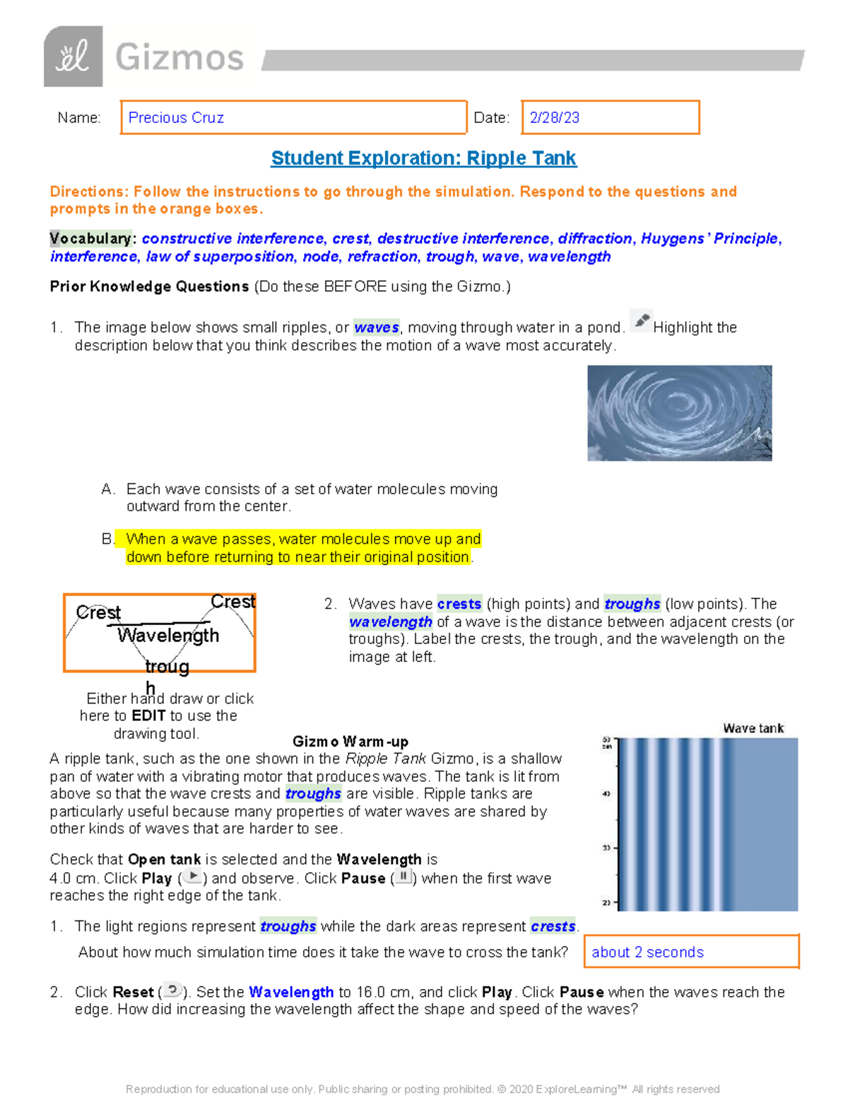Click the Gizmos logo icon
pyautogui.click(x=73, y=57)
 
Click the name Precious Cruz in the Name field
pyautogui.click(x=176, y=118)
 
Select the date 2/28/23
pyautogui.click(x=555, y=118)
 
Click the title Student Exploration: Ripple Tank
pyautogui.click(x=423, y=158)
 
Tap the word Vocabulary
pyautogui.click(x=90, y=238)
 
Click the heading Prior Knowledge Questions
pyautogui.click(x=149, y=286)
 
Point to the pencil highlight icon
pyautogui.click(x=640, y=321)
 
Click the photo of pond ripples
pyautogui.click(x=679, y=413)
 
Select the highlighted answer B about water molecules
pyautogui.click(x=302, y=548)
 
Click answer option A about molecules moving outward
pyautogui.click(x=311, y=497)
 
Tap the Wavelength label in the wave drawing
pyautogui.click(x=168, y=635)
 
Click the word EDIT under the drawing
pyautogui.click(x=148, y=716)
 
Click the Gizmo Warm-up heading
pyautogui.click(x=350, y=742)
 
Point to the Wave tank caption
pyautogui.click(x=753, y=728)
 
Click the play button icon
pyautogui.click(x=192, y=877)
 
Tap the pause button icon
pyautogui.click(x=403, y=877)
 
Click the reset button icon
pyautogui.click(x=172, y=991)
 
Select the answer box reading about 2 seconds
pyautogui.click(x=690, y=952)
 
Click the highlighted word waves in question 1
pyautogui.click(x=376, y=327)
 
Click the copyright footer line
pyautogui.click(x=423, y=1089)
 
